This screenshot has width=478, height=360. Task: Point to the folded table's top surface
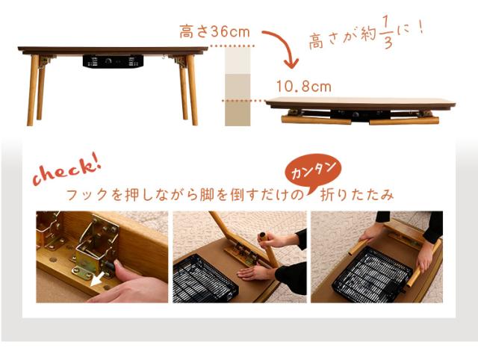click(x=359, y=102)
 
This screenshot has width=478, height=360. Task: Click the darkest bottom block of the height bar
click(x=239, y=111)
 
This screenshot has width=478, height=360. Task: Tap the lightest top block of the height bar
click(x=239, y=61)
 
